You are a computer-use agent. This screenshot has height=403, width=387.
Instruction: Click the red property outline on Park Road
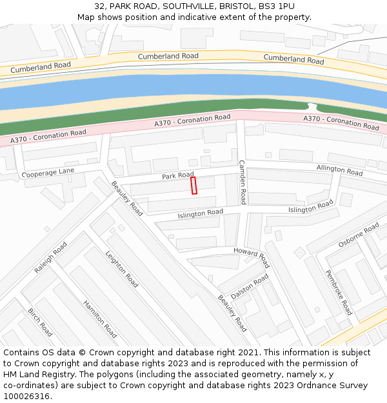[193, 186]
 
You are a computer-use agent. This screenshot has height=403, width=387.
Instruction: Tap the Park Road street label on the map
[177, 175]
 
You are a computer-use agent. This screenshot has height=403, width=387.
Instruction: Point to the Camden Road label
[243, 182]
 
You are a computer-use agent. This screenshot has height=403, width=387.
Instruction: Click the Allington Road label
[339, 170]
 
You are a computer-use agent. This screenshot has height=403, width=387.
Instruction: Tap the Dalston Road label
[250, 286]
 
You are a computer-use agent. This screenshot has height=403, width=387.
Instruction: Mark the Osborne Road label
[359, 235]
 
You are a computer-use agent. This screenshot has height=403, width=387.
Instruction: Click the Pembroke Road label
[339, 292]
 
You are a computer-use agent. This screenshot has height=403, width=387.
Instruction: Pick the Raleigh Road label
[51, 258]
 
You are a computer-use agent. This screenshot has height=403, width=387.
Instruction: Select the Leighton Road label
[122, 269]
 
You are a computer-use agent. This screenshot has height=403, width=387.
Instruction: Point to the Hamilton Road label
[100, 319]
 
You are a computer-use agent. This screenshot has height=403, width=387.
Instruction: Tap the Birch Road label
[40, 322]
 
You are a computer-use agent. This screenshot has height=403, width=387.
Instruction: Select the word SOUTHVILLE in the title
[189, 6]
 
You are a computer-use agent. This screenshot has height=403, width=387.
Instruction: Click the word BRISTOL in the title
[236, 6]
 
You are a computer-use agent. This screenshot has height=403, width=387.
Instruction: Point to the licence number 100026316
[26, 396]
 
